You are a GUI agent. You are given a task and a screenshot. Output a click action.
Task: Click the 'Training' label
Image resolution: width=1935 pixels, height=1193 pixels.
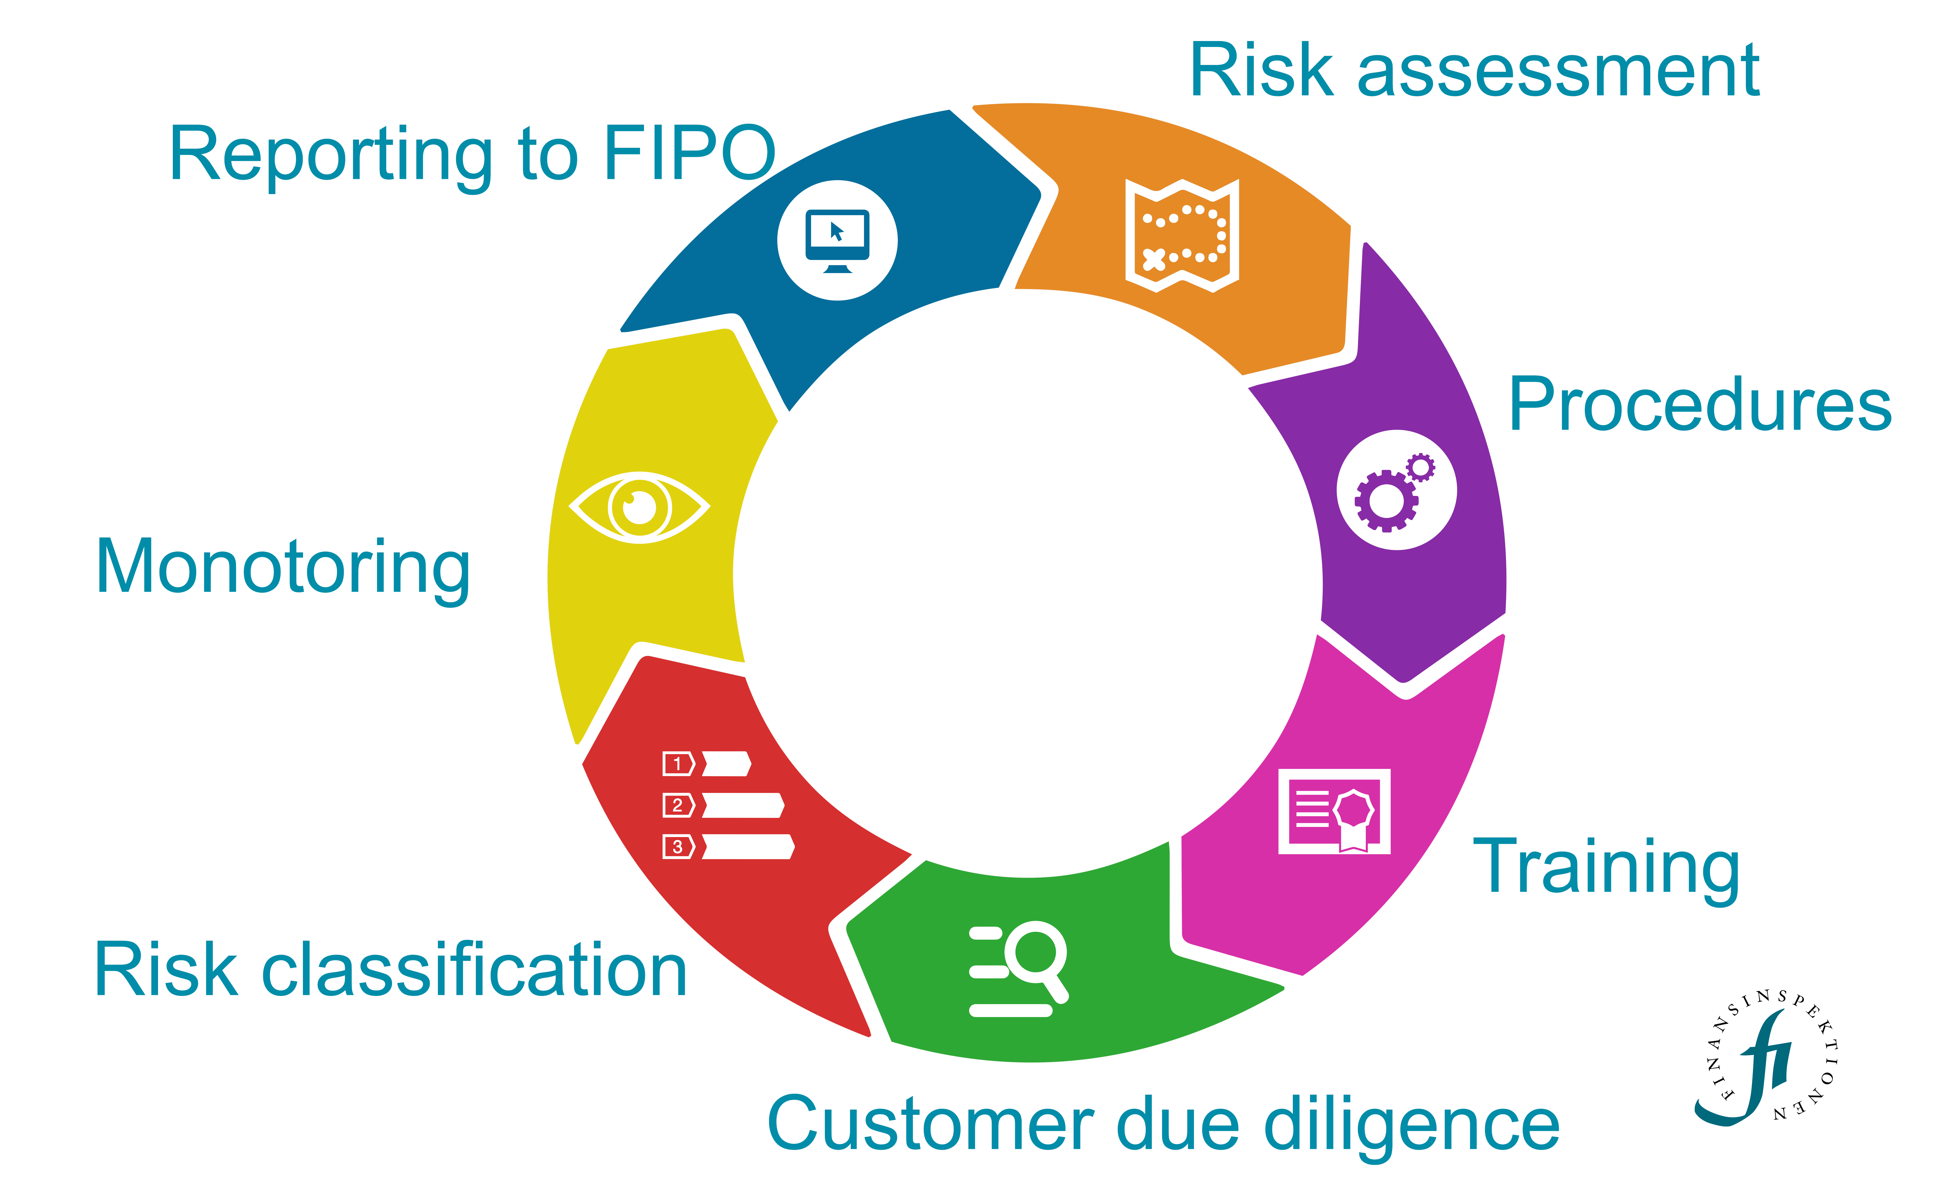[x=1607, y=868]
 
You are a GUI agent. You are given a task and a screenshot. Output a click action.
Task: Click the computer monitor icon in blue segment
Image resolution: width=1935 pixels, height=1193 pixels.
[x=837, y=239]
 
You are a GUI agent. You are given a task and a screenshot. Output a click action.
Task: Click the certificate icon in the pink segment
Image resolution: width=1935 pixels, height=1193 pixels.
[x=1334, y=811]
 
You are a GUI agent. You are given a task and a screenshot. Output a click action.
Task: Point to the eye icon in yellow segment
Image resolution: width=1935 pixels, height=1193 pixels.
[x=639, y=507]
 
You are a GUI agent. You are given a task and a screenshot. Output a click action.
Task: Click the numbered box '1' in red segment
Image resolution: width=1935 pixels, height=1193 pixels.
[x=677, y=764]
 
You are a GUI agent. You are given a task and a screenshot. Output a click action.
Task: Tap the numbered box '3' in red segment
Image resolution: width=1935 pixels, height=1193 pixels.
[x=677, y=847]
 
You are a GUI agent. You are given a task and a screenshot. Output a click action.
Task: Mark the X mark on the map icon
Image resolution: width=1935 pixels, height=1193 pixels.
[x=1153, y=259]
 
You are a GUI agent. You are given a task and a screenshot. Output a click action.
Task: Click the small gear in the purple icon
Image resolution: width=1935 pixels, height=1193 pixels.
[x=1420, y=467]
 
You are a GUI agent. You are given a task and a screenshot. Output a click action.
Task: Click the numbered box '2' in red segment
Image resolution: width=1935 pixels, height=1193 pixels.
[x=677, y=805]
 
